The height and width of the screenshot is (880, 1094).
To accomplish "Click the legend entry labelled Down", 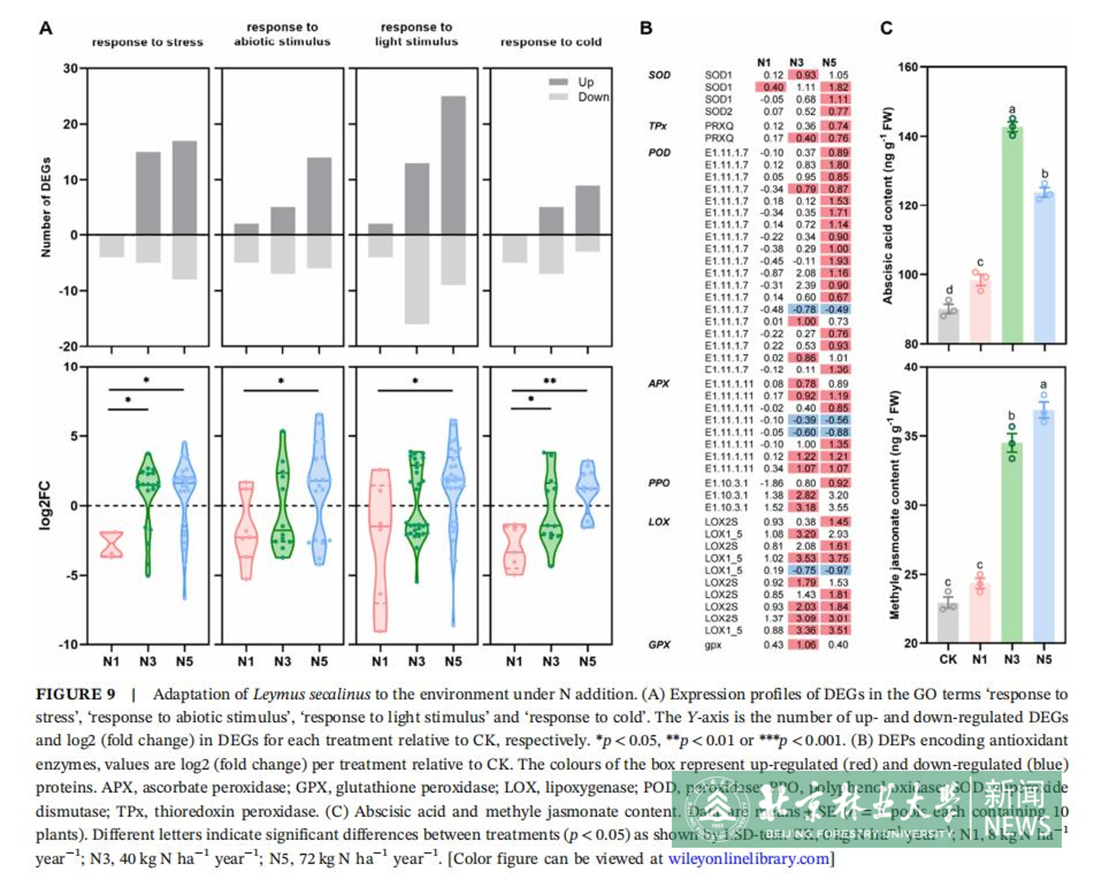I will (593, 97).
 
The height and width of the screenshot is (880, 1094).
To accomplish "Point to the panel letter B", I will (646, 28).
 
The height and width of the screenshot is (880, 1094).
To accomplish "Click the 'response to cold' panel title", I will (551, 42).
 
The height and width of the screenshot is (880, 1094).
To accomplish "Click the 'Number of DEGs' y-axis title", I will (46, 207).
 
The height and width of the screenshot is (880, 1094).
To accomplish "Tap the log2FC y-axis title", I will (45, 506).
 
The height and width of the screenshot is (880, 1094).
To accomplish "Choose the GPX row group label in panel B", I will (659, 645).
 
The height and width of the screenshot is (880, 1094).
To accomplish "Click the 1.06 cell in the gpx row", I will (805, 645).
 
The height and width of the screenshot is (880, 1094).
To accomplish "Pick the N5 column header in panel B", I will (829, 62).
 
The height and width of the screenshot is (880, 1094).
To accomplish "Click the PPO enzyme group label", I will (659, 482).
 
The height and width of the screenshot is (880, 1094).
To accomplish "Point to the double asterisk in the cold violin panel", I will (550, 381).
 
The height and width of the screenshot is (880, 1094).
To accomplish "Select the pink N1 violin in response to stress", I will (111, 544).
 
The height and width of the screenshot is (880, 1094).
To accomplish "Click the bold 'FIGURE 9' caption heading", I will (76, 694).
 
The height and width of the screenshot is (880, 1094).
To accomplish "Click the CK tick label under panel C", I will (948, 659).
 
